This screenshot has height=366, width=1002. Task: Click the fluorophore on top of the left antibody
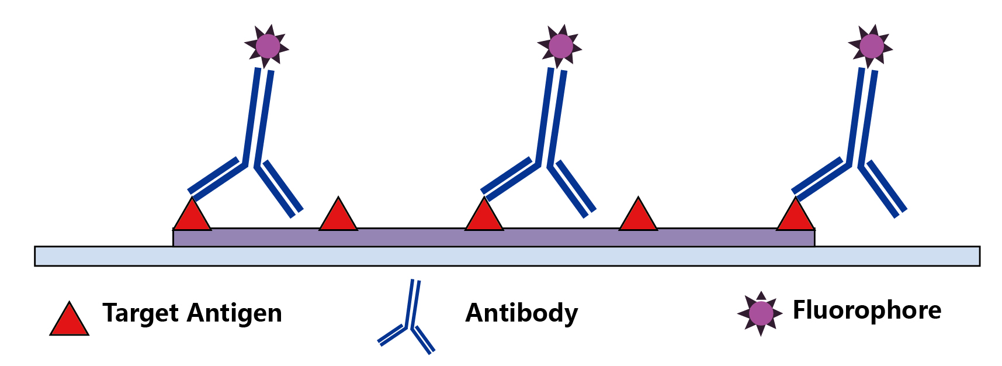click(x=268, y=46)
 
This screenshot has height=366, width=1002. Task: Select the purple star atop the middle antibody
click(x=560, y=46)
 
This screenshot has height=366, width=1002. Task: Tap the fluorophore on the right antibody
click(x=871, y=46)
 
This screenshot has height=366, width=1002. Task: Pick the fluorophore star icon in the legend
click(x=760, y=313)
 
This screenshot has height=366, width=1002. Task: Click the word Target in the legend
click(x=140, y=313)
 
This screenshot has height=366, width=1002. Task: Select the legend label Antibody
click(x=521, y=313)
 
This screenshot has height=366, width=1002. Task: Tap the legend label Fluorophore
click(x=866, y=310)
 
